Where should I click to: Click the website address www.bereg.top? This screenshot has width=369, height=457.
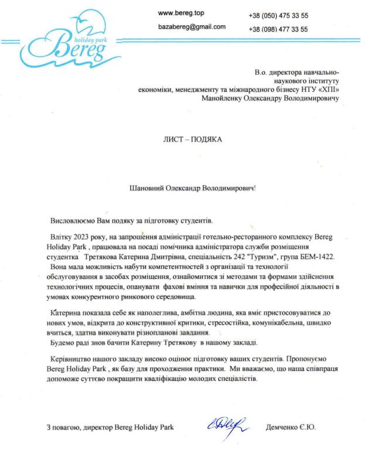tap(181, 12)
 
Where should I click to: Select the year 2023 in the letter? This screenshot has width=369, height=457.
tap(83, 236)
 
